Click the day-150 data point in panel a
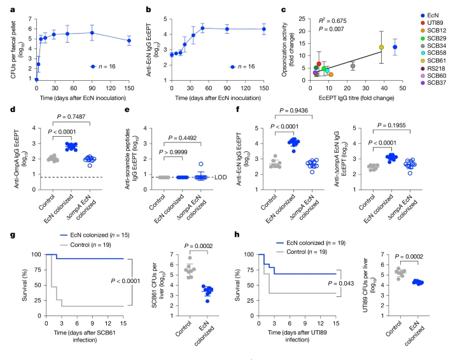[129, 41]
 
